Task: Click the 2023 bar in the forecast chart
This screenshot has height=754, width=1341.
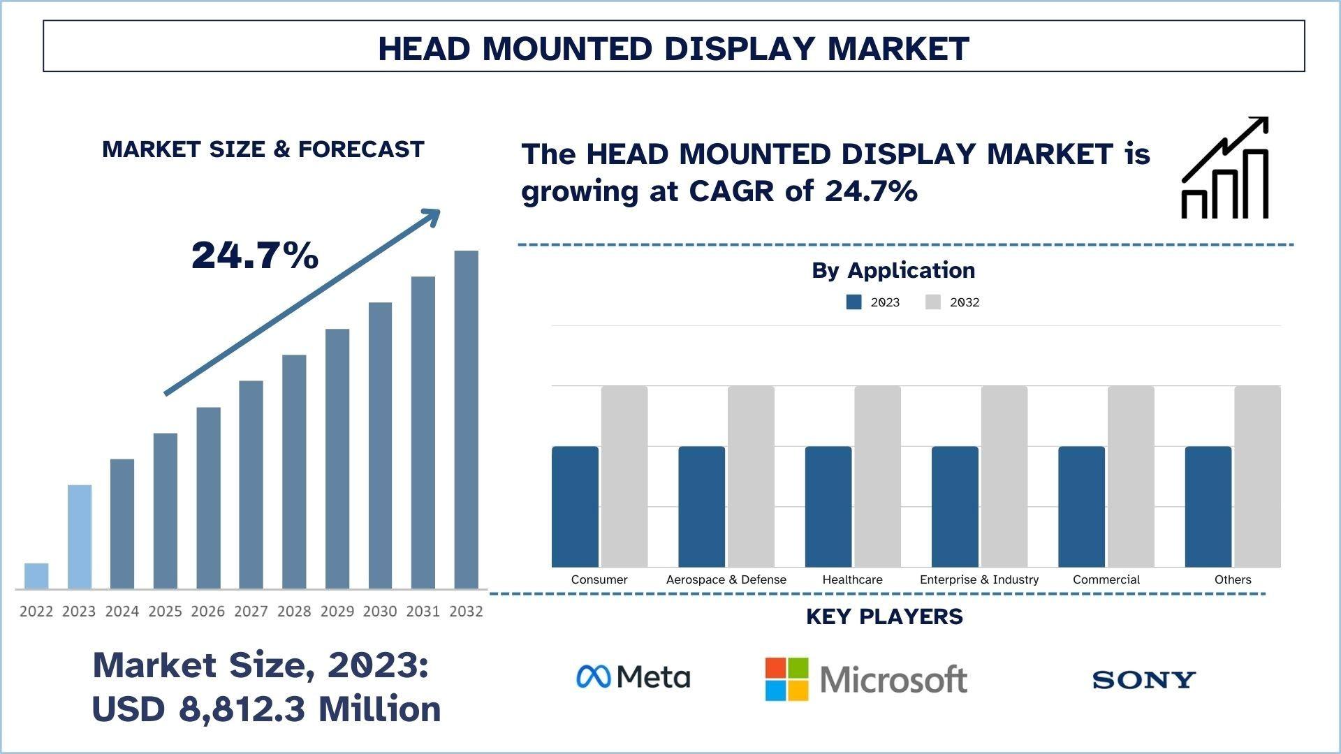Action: (79, 536)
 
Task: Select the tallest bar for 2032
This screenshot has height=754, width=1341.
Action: (466, 419)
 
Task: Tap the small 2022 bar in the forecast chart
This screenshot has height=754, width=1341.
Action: (36, 576)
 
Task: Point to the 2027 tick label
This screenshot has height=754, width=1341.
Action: (251, 612)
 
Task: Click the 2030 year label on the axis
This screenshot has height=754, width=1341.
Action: (380, 612)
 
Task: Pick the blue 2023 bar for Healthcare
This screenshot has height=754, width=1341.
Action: (828, 506)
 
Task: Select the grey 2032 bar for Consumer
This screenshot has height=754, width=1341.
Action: (624, 476)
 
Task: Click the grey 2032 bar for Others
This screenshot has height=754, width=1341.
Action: (1257, 476)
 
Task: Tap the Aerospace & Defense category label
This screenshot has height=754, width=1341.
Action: (726, 579)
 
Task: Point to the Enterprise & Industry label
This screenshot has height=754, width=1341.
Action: (979, 579)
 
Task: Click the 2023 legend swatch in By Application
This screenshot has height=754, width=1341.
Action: (853, 302)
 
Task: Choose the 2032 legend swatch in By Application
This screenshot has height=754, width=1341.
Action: (933, 302)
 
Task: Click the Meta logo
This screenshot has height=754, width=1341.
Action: (633, 677)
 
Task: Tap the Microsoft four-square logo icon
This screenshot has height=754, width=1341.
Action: (786, 679)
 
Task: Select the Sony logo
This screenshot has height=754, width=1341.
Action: (1144, 679)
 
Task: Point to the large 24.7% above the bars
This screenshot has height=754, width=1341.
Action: (255, 255)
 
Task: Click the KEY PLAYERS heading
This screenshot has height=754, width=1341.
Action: (884, 616)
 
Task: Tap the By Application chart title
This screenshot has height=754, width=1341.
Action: (893, 270)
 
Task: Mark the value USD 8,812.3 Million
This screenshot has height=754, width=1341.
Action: (266, 709)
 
